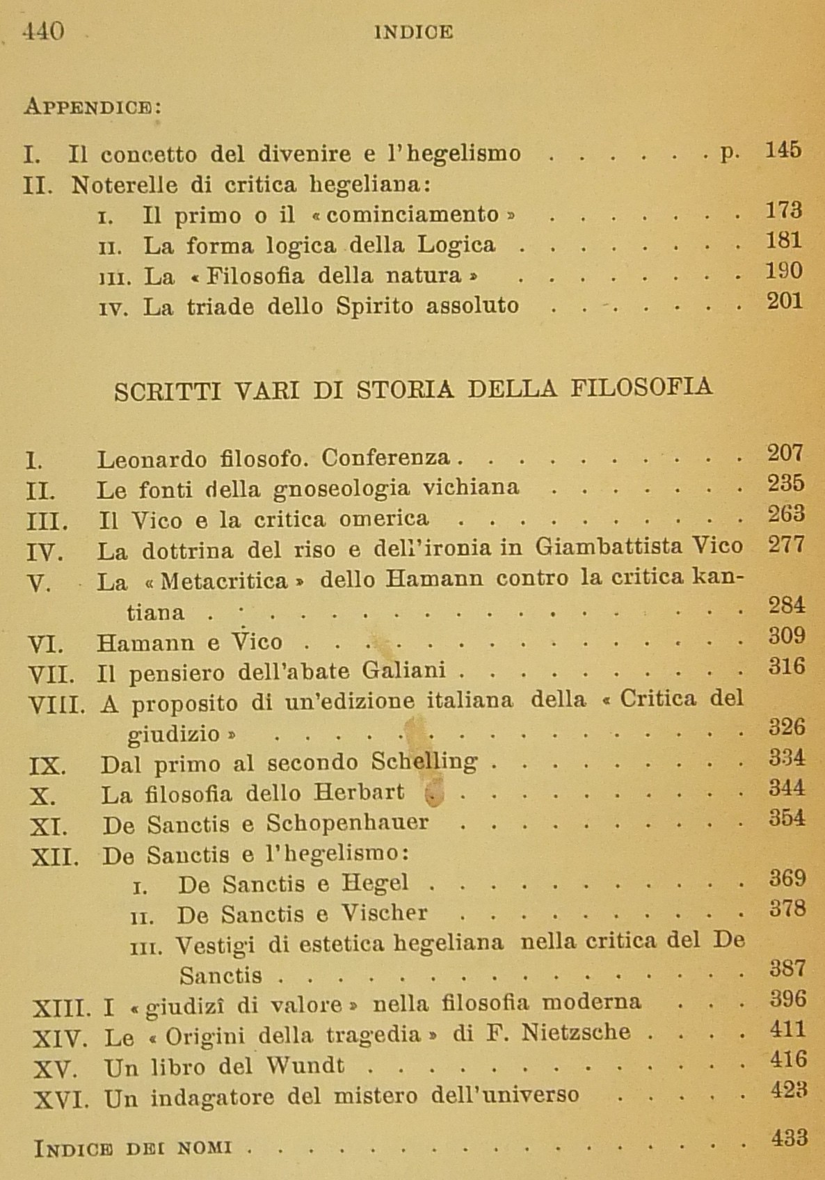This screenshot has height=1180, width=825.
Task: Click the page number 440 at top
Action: (43, 31)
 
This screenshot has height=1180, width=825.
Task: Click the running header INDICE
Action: (414, 32)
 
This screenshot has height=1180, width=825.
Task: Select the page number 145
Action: (783, 150)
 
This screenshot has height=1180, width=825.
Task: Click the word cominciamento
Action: (412, 214)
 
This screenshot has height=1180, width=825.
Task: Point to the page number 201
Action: (785, 301)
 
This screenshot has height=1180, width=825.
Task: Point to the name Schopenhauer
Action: (347, 823)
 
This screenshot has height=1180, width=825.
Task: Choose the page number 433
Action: (790, 1138)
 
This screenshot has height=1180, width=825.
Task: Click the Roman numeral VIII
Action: (58, 705)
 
